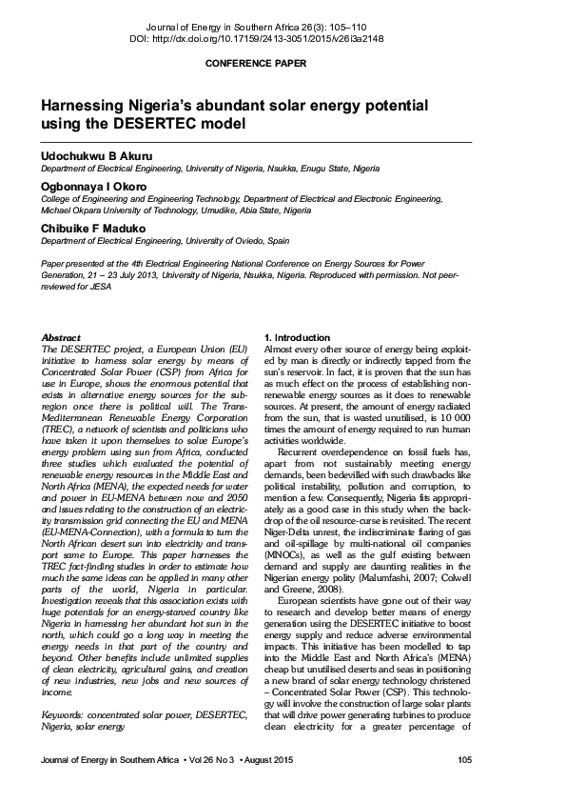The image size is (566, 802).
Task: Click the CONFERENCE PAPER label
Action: (256, 64)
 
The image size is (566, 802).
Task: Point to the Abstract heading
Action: (62, 338)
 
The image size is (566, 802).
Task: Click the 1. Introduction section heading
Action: (297, 338)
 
